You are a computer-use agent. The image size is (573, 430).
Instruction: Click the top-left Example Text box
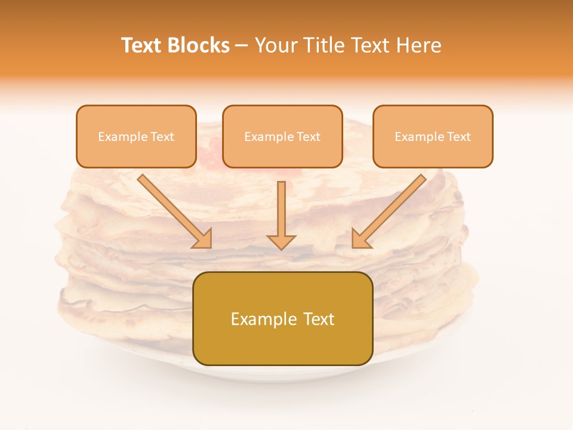click(x=136, y=136)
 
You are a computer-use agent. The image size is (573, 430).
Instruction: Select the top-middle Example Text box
click(x=282, y=136)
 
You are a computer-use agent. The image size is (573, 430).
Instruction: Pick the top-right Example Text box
click(x=433, y=136)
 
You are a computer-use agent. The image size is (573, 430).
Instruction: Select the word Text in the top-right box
click(x=458, y=137)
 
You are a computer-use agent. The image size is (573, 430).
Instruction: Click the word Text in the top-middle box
click(x=308, y=137)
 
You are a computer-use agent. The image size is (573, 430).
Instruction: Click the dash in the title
click(x=242, y=46)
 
